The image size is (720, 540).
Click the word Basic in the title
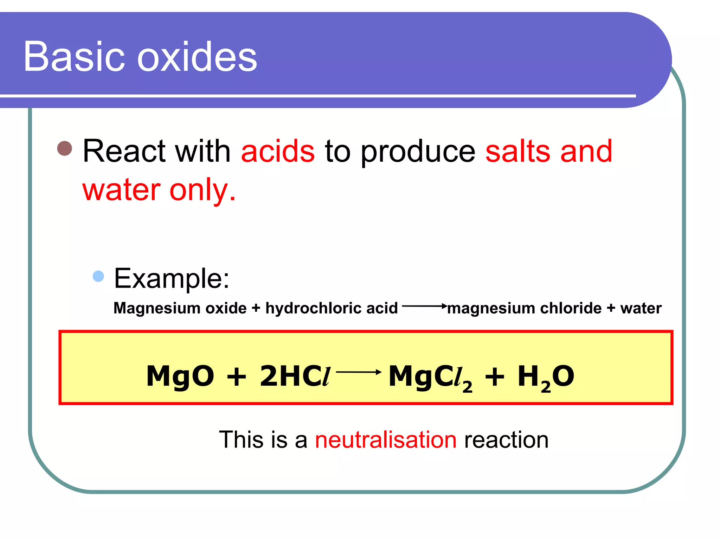tap(74, 57)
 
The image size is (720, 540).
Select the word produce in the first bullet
tap(418, 152)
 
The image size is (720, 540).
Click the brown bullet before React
tap(65, 148)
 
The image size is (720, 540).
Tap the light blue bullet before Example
tap(98, 276)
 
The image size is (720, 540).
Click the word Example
tap(172, 278)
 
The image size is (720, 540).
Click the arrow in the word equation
tap(424, 306)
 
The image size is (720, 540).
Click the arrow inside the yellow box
tap(359, 372)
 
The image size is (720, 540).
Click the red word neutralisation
tap(386, 440)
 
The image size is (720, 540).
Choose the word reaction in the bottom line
tap(506, 440)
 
